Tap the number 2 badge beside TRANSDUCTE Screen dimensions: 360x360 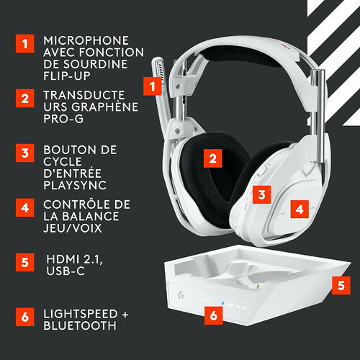(26, 99)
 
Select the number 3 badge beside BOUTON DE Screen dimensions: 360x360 (26, 153)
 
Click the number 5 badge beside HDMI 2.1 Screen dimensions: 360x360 (26, 261)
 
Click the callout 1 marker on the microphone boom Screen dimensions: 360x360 (152, 86)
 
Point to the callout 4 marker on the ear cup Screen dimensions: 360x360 (301, 209)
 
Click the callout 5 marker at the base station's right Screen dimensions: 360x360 (343, 284)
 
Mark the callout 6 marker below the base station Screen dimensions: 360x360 (212, 314)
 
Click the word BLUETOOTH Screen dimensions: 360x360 (79, 326)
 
